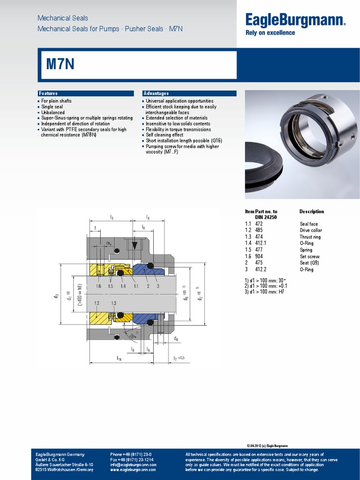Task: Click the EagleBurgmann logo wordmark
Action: coord(295,20)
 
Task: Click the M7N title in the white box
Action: coord(60,64)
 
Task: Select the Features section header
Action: coord(48,93)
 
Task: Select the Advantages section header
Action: coord(156,93)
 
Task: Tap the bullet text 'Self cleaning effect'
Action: coord(164,135)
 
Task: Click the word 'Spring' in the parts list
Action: coord(306,250)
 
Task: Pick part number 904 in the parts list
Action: coord(259,256)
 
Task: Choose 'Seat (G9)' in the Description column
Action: coord(309,263)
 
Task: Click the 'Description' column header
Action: coord(312,211)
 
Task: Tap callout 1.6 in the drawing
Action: coord(98,286)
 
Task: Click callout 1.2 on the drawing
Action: coord(97,303)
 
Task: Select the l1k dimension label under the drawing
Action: coord(119,359)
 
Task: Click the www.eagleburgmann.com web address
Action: coord(133,470)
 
